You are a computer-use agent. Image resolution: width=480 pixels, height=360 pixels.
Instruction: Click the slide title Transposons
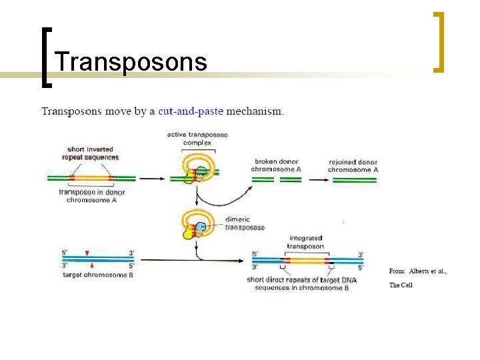131,61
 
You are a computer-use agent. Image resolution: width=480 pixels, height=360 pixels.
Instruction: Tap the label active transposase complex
197,139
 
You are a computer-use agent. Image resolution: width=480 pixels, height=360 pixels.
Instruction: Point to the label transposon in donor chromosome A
92,197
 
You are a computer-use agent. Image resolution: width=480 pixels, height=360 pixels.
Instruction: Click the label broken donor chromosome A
277,165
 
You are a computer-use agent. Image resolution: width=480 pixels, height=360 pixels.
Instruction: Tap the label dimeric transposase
244,223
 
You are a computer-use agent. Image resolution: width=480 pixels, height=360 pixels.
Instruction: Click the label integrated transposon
305,241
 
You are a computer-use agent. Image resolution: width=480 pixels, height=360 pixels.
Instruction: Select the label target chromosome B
97,275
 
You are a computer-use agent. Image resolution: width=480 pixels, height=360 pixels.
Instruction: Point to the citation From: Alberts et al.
417,271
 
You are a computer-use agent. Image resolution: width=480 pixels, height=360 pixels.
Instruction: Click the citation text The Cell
401,285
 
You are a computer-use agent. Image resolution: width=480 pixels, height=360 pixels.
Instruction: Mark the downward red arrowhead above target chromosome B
87,252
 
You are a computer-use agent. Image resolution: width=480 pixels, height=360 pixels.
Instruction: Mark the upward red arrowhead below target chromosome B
91,266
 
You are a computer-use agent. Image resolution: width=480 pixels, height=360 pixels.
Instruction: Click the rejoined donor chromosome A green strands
353,179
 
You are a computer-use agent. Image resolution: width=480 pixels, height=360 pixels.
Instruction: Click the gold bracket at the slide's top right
438,41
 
